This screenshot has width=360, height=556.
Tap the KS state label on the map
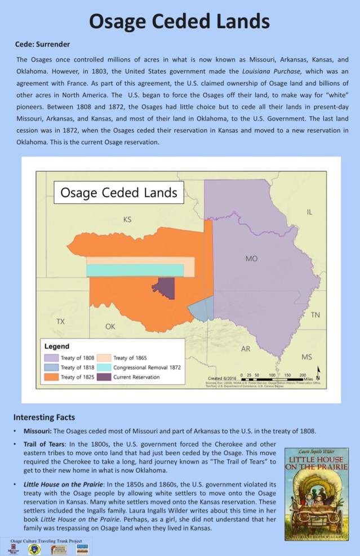tap(127, 219)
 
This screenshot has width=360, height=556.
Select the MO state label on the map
tap(251, 259)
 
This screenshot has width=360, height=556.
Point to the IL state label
tap(309, 212)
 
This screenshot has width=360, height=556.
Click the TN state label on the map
tap(315, 315)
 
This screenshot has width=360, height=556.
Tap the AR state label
tap(246, 349)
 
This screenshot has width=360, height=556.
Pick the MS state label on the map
tap(306, 357)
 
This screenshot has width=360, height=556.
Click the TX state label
tap(60, 321)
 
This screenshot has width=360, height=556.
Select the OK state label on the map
tap(110, 327)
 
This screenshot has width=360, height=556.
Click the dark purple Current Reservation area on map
tap(165, 288)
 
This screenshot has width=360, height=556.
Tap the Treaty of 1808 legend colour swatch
tap(51, 357)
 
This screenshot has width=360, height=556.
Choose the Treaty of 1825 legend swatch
tap(51, 377)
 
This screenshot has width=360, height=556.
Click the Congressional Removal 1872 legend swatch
tap(104, 367)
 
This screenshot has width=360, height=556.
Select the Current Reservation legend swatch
tap(104, 377)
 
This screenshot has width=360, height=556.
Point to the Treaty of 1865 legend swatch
tap(104, 357)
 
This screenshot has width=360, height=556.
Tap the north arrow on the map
tap(318, 373)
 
